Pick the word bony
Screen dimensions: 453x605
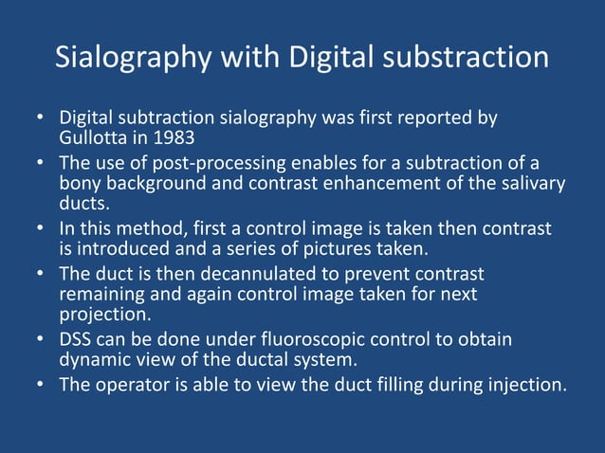79,183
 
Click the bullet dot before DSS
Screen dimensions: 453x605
41,339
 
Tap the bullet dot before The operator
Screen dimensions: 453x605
41,385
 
